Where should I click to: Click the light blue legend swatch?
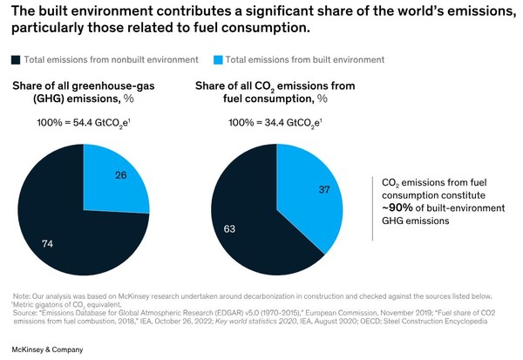point(219,59)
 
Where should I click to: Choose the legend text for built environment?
point(301,59)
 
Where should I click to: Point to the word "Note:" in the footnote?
point(22,296)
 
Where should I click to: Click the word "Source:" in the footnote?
point(27,312)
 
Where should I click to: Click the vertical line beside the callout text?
point(372,200)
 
